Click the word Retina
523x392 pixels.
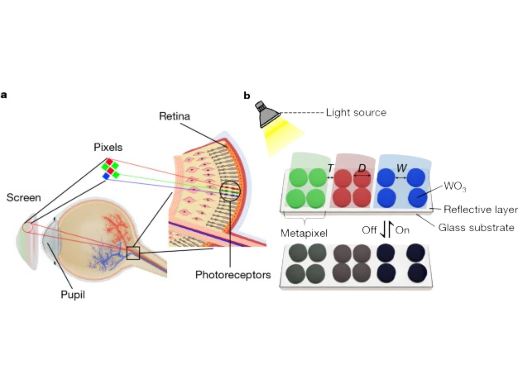point(174,116)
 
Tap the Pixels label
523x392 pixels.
point(108,147)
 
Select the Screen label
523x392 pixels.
point(24,198)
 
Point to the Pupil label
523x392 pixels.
point(73,295)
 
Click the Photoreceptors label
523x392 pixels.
point(233,275)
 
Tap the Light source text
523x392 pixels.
point(356,113)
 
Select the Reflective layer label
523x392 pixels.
point(481,209)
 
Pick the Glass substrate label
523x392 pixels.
point(476,227)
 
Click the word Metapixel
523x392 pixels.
point(304,233)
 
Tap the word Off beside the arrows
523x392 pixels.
point(369,230)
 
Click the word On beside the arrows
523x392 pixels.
point(402,230)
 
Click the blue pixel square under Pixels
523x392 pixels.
point(106,176)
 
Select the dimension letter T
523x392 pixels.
point(330,168)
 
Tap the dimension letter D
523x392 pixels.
point(362,168)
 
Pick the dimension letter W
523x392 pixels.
point(401,168)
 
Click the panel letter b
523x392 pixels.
point(247,96)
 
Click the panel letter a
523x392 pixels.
point(4,95)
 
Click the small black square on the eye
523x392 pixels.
point(133,253)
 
